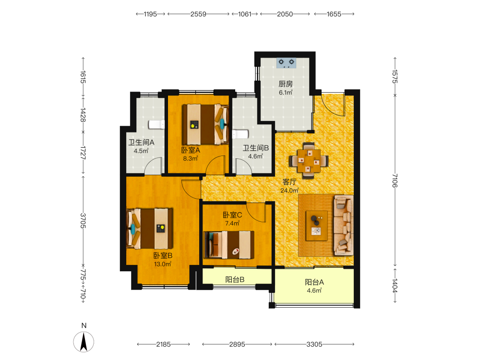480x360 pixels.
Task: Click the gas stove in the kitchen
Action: [286, 63]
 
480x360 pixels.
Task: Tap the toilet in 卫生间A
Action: [156, 125]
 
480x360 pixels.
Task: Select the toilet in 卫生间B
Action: [240, 134]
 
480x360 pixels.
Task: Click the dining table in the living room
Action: [309, 161]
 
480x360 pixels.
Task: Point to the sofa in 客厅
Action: [344, 225]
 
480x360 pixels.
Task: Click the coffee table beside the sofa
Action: [317, 226]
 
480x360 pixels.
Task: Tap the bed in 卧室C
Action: [229, 245]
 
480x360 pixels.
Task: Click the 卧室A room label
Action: [191, 150]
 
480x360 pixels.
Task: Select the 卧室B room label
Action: [163, 256]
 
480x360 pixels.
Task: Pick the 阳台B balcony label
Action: [235, 279]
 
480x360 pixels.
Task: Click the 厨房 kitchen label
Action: [286, 84]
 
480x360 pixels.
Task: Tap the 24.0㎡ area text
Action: [289, 191]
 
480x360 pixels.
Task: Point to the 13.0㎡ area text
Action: [163, 264]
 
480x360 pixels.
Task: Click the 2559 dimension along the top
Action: [198, 14]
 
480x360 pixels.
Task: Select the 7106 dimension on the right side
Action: [395, 180]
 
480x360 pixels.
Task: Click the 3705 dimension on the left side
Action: [83, 221]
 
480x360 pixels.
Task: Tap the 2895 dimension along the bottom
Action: [237, 344]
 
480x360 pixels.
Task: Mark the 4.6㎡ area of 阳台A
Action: [314, 291]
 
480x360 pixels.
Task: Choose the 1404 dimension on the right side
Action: [395, 286]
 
